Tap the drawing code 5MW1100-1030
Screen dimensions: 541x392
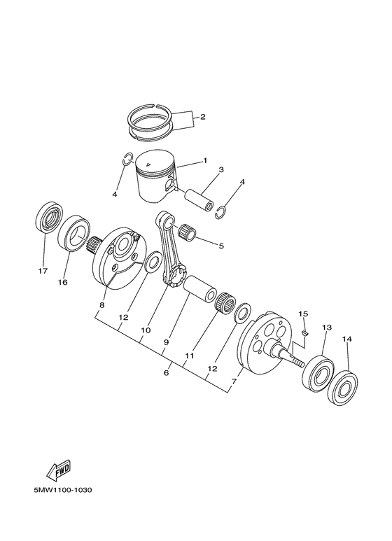tap(62, 489)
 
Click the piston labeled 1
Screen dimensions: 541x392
tap(155, 177)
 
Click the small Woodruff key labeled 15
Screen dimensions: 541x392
tap(305, 335)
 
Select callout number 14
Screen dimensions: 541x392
tap(346, 339)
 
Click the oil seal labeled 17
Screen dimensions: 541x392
tap(48, 219)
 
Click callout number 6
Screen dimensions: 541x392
tap(166, 373)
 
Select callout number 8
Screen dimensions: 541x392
tap(101, 305)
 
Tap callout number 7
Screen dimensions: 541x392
tap(234, 383)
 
